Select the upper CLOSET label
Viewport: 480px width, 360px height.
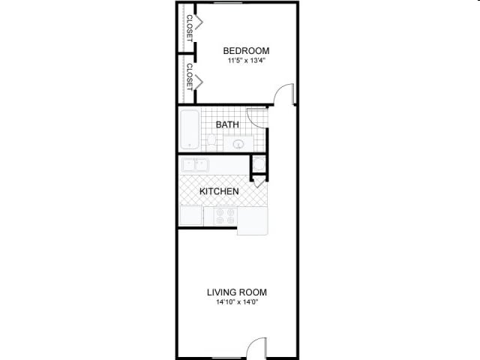click(x=190, y=28)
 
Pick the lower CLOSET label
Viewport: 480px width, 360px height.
click(x=190, y=76)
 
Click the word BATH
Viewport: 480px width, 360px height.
click(x=227, y=124)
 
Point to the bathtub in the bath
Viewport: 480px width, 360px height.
click(x=190, y=130)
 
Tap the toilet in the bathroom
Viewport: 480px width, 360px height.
click(x=212, y=141)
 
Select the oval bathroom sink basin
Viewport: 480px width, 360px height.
click(x=238, y=144)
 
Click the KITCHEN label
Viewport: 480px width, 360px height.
click(x=219, y=192)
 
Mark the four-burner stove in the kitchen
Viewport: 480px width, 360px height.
click(x=224, y=216)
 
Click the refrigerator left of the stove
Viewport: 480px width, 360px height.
click(x=190, y=215)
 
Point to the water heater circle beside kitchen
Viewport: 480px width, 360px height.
click(x=259, y=165)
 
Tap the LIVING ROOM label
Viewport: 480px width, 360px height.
click(x=237, y=292)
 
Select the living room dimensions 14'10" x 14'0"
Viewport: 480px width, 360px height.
click(x=237, y=303)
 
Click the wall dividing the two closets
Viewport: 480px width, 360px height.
click(x=187, y=53)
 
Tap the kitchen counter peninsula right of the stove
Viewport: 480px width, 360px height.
click(x=253, y=220)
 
